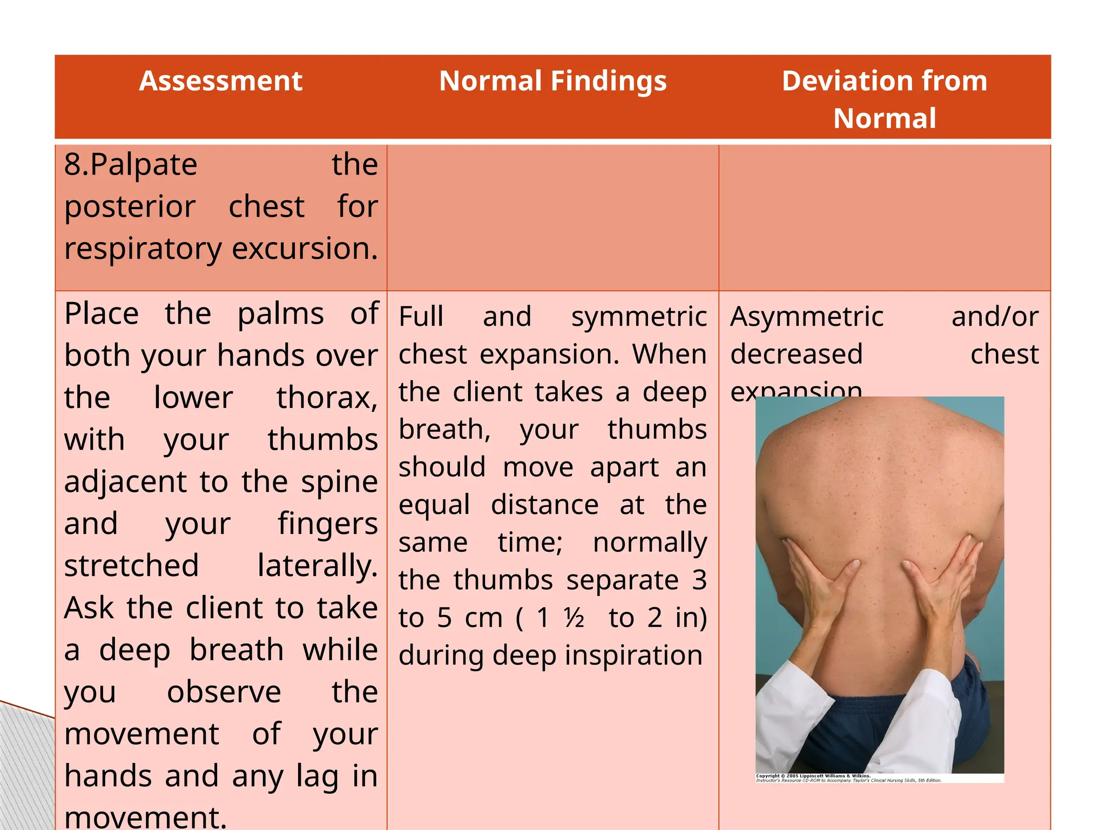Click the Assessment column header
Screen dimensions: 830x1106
(x=220, y=82)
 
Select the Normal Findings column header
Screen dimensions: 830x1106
(x=552, y=82)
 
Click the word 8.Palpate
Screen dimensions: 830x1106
(x=131, y=165)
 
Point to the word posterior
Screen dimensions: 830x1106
(x=130, y=207)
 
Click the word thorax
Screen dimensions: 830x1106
(x=326, y=398)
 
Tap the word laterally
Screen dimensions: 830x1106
(x=317, y=566)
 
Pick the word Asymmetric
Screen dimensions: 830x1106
(x=807, y=317)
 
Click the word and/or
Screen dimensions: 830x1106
(x=995, y=317)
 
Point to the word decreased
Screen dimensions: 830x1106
(x=797, y=355)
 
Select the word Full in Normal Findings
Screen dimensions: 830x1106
(x=421, y=317)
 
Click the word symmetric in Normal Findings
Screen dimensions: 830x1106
(x=639, y=317)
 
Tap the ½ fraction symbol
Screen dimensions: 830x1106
(x=574, y=618)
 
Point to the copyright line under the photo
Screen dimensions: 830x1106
(x=848, y=778)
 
